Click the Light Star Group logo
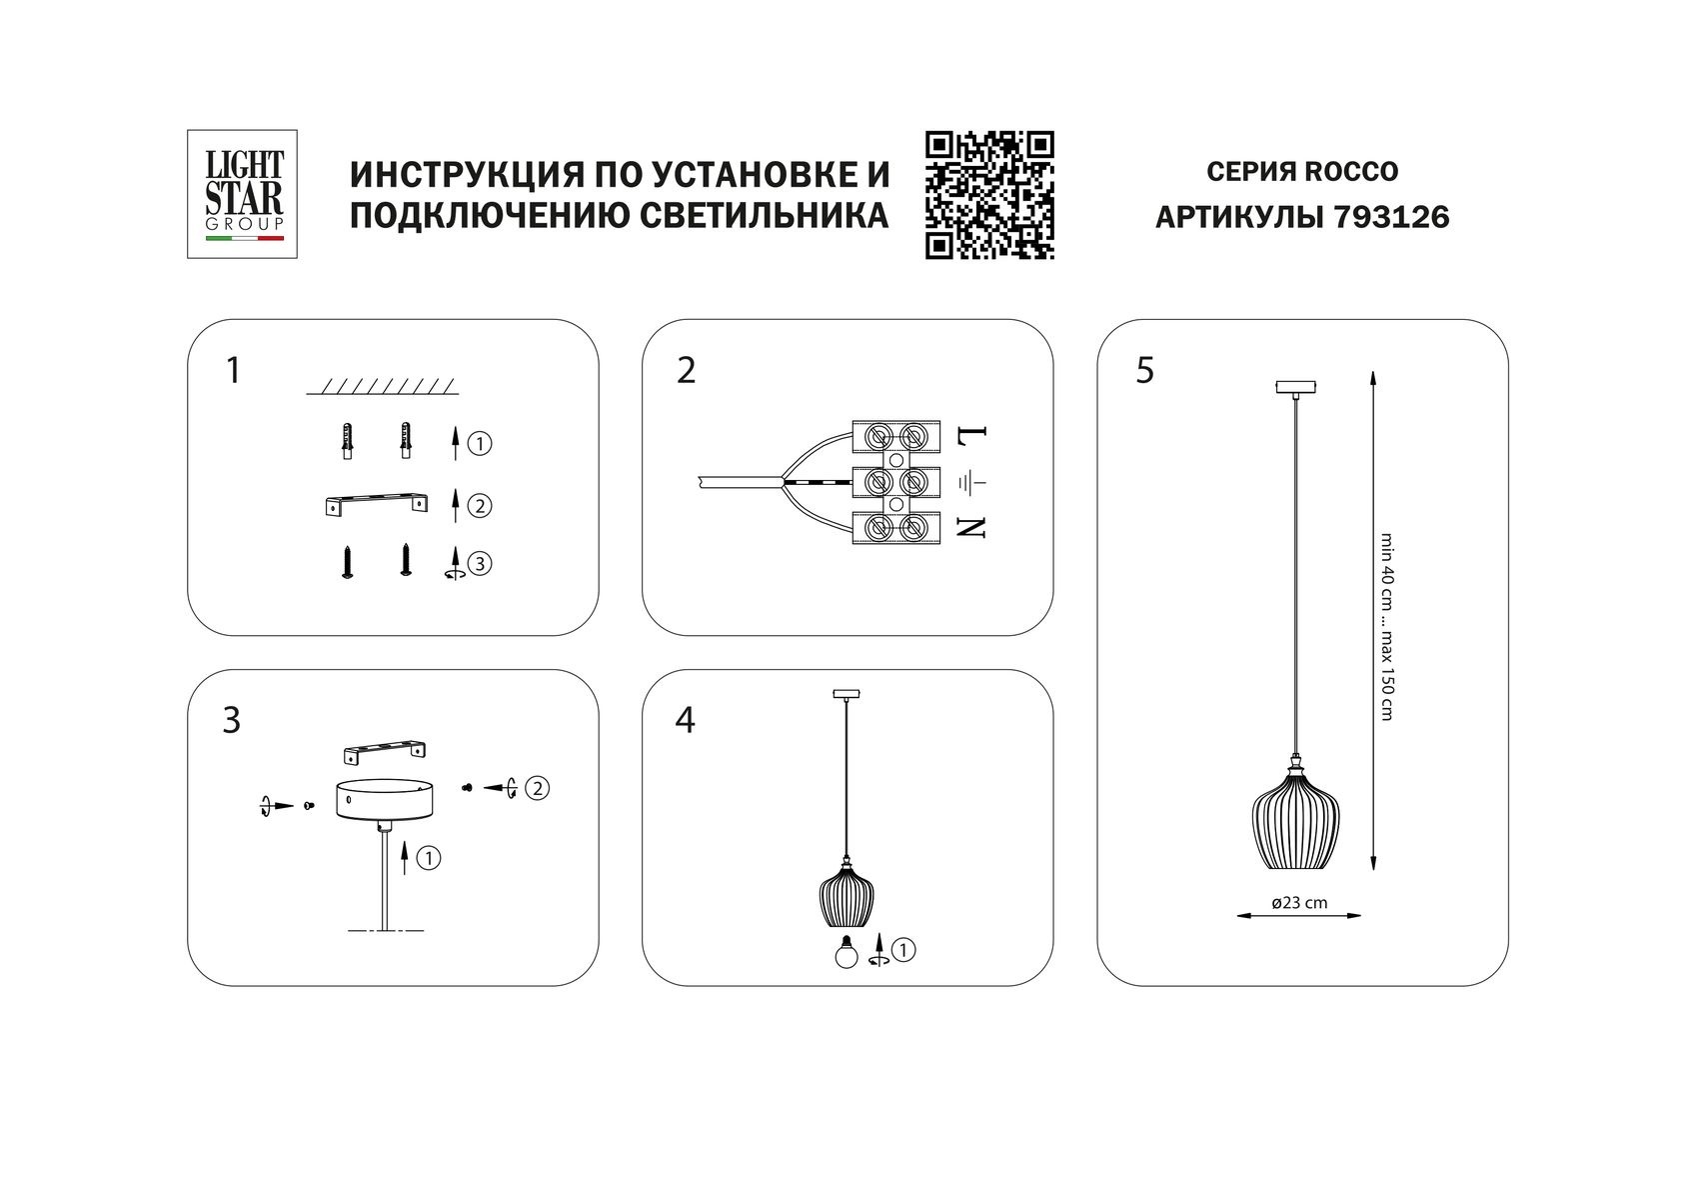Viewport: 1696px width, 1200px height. pos(243,194)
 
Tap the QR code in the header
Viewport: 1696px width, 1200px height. pos(989,196)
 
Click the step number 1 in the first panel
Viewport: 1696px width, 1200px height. pos(233,371)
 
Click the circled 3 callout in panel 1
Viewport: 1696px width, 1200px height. pos(480,564)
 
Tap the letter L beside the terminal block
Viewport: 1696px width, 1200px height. pos(972,437)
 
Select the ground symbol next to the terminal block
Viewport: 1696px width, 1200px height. pos(972,483)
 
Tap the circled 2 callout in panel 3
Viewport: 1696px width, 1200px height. pos(537,788)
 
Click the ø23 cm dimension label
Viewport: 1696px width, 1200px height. pos(1299,902)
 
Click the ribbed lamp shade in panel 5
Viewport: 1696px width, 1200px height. pos(1297,822)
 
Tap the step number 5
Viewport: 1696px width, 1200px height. pos(1145,371)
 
